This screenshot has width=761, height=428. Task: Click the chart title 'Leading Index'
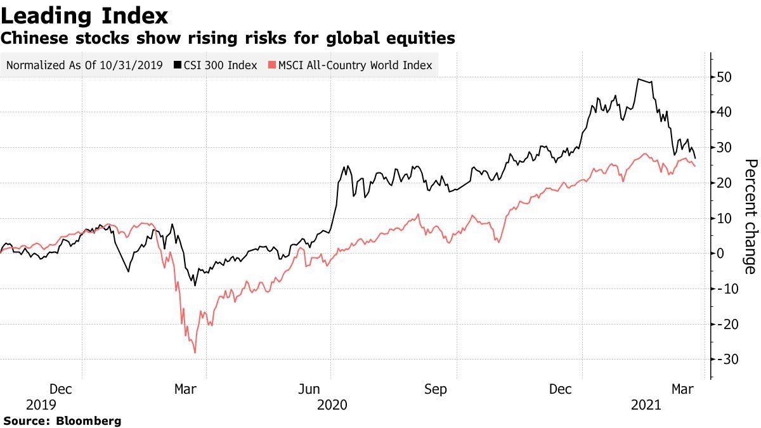tap(84, 15)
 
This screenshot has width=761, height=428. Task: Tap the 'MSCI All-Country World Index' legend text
tap(355, 65)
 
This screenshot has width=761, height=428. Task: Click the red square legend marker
tap(272, 65)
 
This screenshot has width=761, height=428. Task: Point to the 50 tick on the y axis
tap(725, 77)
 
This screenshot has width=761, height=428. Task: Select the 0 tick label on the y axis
tap(721, 254)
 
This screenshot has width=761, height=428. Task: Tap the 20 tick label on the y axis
tap(725, 183)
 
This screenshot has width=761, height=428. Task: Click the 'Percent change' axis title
tap(750, 217)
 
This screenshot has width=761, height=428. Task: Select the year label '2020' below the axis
tap(332, 405)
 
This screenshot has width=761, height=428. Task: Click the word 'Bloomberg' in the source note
tap(89, 420)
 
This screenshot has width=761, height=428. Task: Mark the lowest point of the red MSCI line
tap(195, 353)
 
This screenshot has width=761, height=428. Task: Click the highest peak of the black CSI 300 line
tap(639, 79)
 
